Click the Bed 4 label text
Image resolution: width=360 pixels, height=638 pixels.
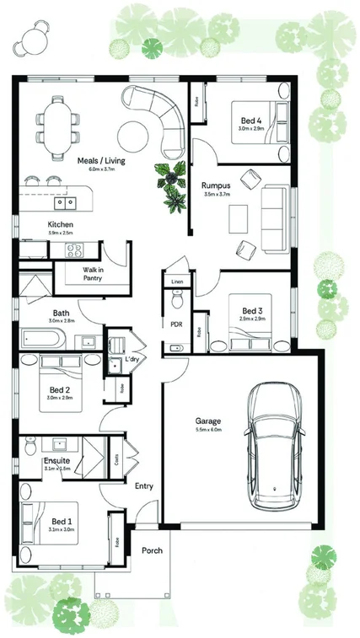point(250,121)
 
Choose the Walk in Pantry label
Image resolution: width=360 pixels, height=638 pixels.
point(93,274)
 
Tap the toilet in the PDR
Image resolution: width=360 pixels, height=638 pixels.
point(177,299)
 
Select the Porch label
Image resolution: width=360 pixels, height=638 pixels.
point(153,552)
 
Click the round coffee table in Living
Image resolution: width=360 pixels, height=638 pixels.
point(133,134)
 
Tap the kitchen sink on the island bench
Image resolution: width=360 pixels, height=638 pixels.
point(64,203)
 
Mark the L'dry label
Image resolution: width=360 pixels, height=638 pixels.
point(132,360)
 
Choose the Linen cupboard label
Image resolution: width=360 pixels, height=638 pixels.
point(177,281)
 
